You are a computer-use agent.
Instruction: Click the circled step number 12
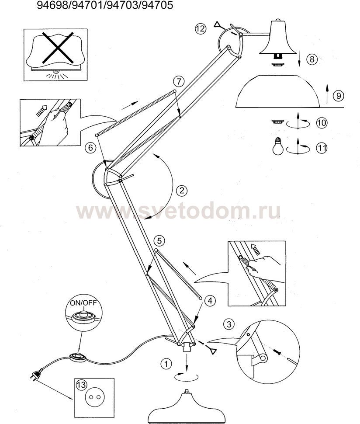click(x=200, y=29)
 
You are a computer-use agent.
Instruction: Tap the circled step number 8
click(x=312, y=59)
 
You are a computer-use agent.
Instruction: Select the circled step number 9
click(x=339, y=95)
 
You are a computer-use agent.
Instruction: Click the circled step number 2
click(x=182, y=191)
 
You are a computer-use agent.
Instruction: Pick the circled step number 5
click(x=159, y=240)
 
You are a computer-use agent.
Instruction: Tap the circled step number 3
click(x=229, y=324)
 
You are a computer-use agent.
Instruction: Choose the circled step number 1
click(x=166, y=364)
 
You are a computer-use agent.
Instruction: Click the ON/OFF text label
click(x=83, y=302)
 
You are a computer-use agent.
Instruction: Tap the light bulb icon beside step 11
click(x=278, y=146)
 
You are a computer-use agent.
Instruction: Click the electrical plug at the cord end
click(x=35, y=375)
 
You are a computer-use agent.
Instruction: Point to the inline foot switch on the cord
click(x=78, y=357)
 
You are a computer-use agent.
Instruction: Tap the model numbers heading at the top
click(x=105, y=5)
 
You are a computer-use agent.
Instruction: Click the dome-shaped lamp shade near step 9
click(x=277, y=91)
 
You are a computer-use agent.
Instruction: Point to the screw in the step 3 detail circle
click(x=277, y=351)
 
